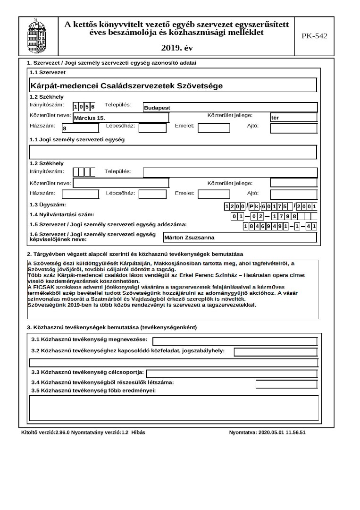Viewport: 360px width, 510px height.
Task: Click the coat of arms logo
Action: pos(38,36)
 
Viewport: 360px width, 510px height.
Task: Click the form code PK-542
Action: pos(314,36)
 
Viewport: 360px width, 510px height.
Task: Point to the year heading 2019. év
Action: pos(177,48)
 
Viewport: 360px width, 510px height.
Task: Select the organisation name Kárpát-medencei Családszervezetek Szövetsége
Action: pos(126,86)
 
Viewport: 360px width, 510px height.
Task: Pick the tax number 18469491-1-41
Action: pos(279,226)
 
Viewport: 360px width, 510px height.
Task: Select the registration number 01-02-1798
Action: pos(267,216)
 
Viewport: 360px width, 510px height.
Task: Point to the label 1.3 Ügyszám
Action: pos(48,205)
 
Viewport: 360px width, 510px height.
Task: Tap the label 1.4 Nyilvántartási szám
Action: pos(62,215)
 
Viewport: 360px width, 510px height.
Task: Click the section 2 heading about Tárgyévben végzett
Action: pos(135,254)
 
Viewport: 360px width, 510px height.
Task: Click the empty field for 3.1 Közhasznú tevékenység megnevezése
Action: pos(234,341)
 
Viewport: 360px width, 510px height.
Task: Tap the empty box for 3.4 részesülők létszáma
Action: pos(286,384)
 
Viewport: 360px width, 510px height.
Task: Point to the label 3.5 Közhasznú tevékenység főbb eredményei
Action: pos(93,391)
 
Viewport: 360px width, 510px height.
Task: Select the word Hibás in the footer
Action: pos(138,432)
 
